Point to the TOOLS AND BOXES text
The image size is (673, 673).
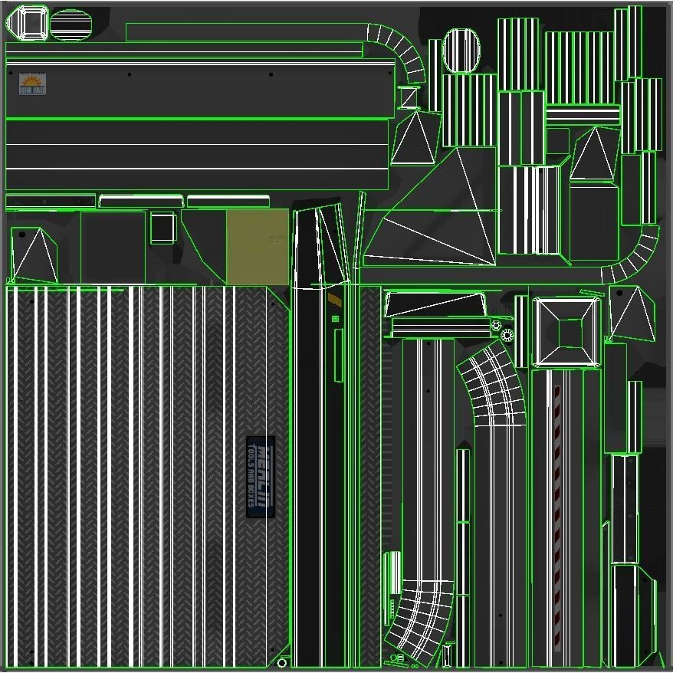tap(252, 477)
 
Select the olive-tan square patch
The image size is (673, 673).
tap(257, 247)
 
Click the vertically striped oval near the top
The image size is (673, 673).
tap(461, 51)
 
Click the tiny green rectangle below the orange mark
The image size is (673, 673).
tap(335, 318)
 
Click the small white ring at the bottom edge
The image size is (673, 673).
tap(282, 662)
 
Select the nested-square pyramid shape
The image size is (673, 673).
tap(568, 333)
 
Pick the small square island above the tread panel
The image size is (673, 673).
tap(163, 228)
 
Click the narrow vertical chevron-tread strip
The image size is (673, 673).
tap(370, 475)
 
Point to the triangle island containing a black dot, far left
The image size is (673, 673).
tap(32, 254)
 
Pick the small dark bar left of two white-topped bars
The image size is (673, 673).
tap(51, 202)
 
